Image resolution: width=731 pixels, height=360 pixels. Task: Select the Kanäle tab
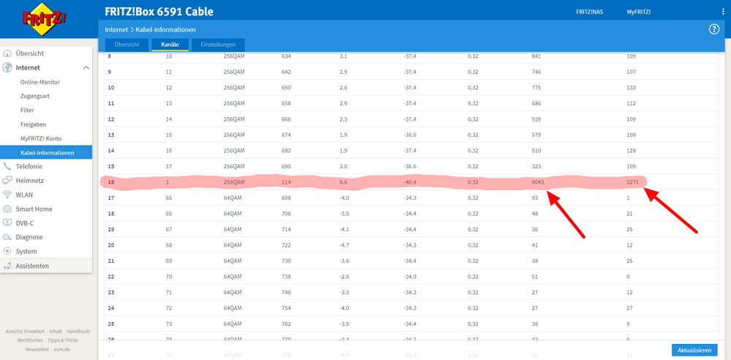pos(169,45)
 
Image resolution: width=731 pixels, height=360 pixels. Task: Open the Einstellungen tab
pos(219,45)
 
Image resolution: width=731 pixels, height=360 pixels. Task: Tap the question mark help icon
pos(714,29)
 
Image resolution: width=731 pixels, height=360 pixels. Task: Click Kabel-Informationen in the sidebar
pos(48,152)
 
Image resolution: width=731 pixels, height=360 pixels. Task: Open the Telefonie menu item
pos(29,166)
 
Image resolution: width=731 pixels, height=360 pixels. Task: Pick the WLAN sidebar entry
pos(24,195)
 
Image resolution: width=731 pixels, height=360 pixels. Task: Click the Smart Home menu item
pos(34,209)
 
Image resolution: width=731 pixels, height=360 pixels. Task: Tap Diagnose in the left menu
pos(29,237)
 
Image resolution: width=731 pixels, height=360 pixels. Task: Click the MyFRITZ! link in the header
pos(638,12)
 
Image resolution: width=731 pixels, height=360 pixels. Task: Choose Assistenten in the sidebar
pos(32,266)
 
